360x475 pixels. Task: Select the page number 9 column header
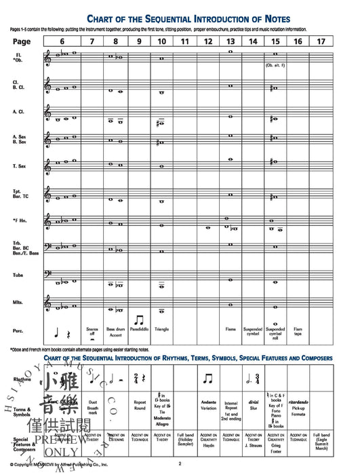point(138,42)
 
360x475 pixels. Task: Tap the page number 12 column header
point(208,42)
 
